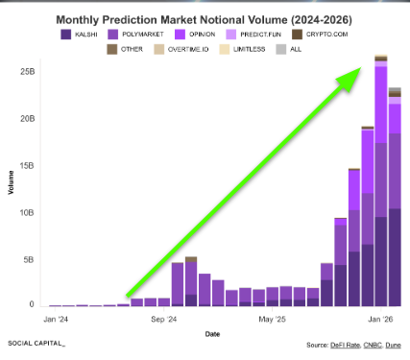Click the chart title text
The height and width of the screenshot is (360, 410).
tap(205, 20)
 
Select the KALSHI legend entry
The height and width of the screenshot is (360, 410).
tap(79, 35)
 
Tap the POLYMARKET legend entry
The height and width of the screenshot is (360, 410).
tap(135, 35)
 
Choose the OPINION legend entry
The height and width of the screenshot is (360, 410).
tap(195, 35)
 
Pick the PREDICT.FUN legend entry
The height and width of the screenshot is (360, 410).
tap(253, 35)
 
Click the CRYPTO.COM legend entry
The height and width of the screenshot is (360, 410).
tap(320, 35)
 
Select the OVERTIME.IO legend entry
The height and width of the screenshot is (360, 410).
tap(181, 49)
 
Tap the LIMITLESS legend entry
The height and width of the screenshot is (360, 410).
tap(242, 49)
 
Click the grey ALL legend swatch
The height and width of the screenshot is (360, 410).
tap(281, 49)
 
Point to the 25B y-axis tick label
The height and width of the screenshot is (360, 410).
tap(28, 72)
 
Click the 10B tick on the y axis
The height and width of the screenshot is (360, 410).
tap(27, 213)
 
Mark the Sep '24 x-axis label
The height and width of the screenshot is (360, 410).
tap(164, 320)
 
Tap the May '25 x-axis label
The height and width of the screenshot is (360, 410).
tap(272, 320)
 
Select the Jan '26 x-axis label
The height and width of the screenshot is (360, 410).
tap(380, 320)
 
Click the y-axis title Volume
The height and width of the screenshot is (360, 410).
tap(12, 182)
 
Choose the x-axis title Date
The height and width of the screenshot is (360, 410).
tap(212, 334)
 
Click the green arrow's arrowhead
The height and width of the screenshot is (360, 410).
tap(350, 79)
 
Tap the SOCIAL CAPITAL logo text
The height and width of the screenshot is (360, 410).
tap(36, 344)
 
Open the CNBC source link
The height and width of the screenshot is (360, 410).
tap(373, 345)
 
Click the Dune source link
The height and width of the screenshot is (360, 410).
tap(393, 345)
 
